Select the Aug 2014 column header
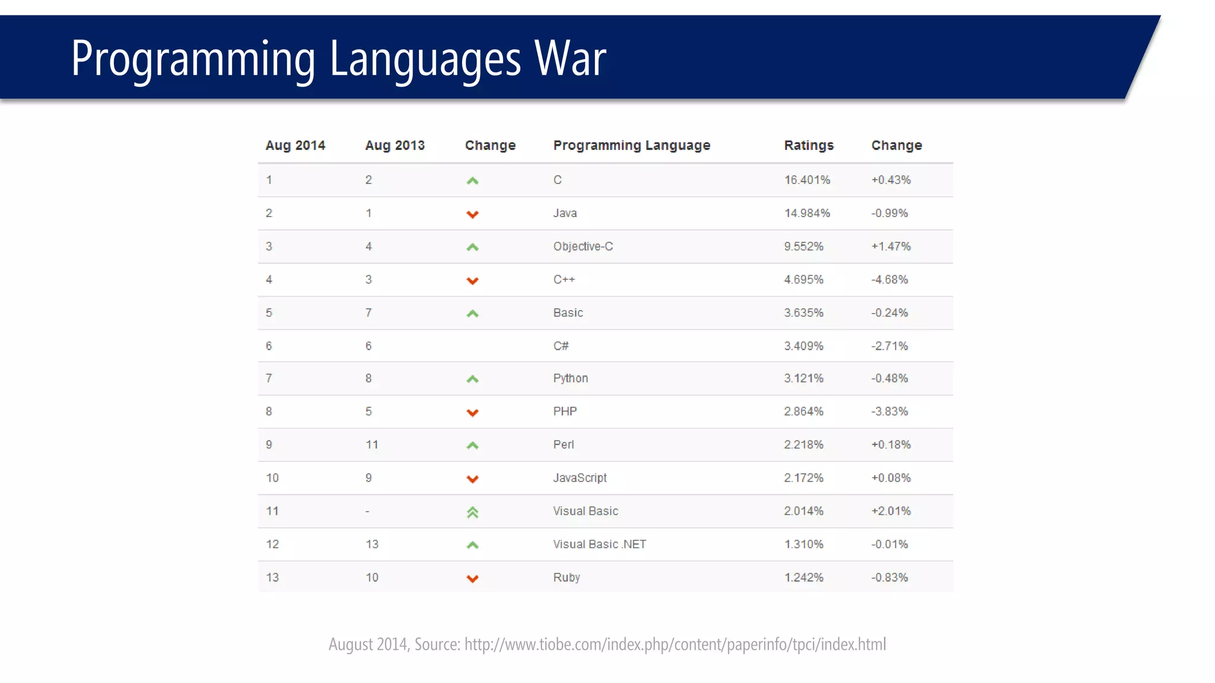tap(295, 145)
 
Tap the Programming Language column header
tap(631, 145)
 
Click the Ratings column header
tap(808, 145)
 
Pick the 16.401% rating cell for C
tap(807, 180)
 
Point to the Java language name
tap(565, 213)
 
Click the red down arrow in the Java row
tap(472, 214)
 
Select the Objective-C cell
tap(583, 246)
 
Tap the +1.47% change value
tap(890, 246)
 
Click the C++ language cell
tap(564, 279)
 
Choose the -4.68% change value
tap(889, 279)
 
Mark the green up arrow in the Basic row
tap(472, 313)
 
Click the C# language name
tap(561, 346)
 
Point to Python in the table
tap(570, 378)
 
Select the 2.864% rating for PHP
tap(803, 411)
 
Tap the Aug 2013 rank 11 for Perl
tap(371, 445)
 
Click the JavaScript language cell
tap(580, 478)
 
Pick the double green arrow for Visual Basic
tap(472, 512)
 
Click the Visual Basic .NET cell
tap(599, 544)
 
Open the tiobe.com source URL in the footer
tap(675, 644)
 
